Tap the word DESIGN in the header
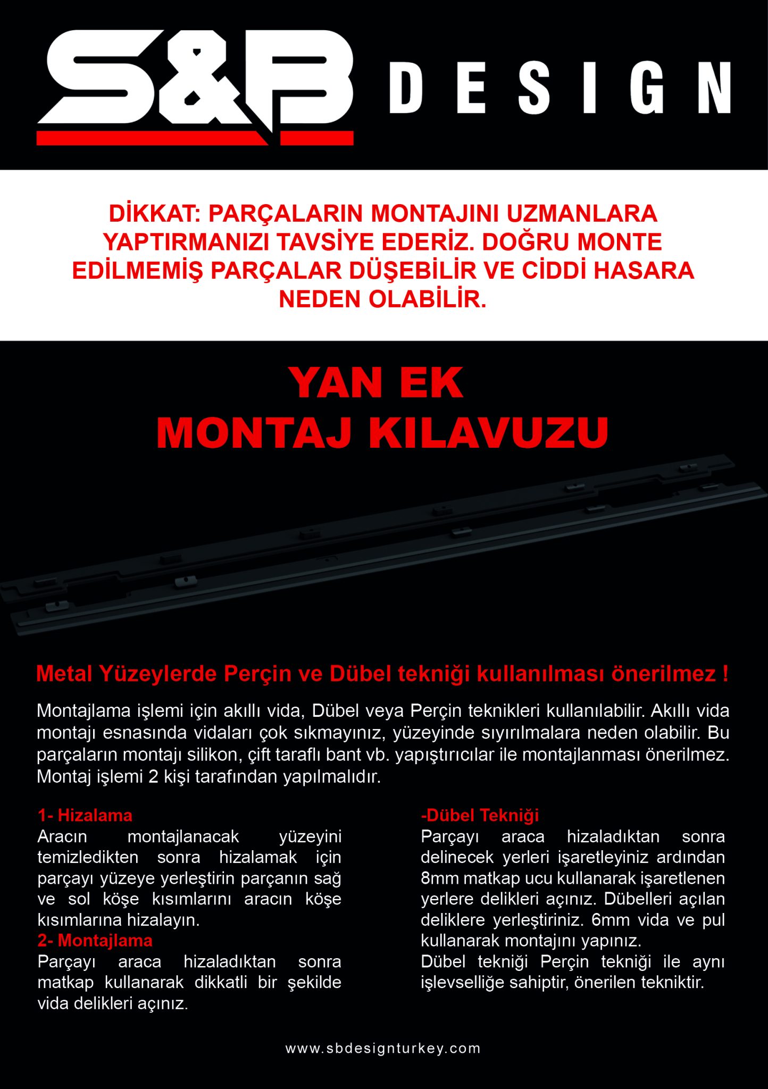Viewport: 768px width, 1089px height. [x=560, y=88]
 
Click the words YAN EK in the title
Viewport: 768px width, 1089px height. [x=376, y=383]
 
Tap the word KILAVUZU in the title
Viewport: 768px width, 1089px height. [x=488, y=433]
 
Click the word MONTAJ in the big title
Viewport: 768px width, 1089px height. [x=254, y=433]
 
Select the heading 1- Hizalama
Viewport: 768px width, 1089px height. [x=85, y=815]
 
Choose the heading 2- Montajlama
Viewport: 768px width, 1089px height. [x=95, y=940]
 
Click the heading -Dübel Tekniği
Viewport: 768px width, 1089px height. [x=480, y=815]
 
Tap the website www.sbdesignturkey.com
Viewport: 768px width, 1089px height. [x=383, y=1048]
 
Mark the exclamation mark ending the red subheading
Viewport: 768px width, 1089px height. [x=725, y=674]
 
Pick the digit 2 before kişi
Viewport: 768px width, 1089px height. [x=153, y=776]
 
